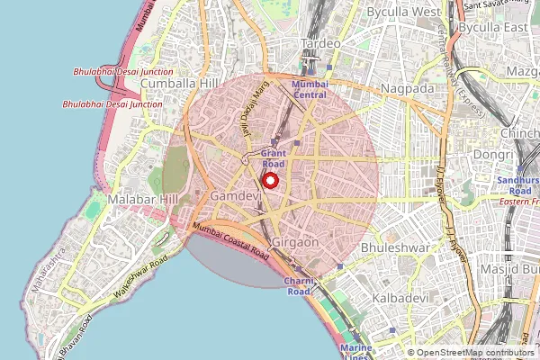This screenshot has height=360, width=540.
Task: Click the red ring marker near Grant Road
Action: point(271,178)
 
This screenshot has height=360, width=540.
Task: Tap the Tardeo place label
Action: point(320,43)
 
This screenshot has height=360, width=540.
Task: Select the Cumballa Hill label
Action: point(180,83)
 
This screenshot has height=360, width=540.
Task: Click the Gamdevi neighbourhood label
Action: point(235,195)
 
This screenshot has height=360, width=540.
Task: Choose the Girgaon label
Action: point(295,244)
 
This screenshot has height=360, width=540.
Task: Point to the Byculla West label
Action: point(403,13)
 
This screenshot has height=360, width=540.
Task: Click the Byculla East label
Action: point(492,28)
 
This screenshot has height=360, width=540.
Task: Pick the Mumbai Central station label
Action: point(310,88)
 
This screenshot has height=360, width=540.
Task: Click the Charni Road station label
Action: point(299,286)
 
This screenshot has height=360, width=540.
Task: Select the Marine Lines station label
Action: point(356,350)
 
